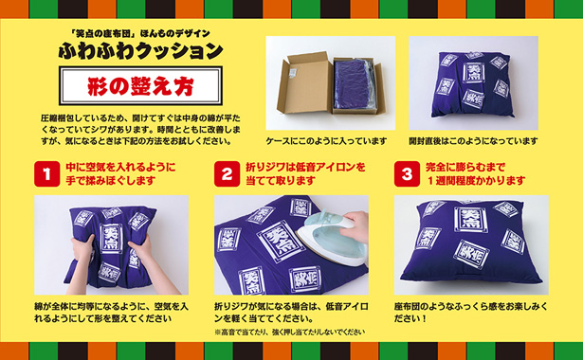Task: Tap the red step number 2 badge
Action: tap(227, 173)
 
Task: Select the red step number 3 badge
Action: tap(406, 173)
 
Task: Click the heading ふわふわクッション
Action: tap(143, 49)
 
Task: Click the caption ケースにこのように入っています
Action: tap(327, 140)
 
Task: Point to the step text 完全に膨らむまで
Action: tap(467, 167)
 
